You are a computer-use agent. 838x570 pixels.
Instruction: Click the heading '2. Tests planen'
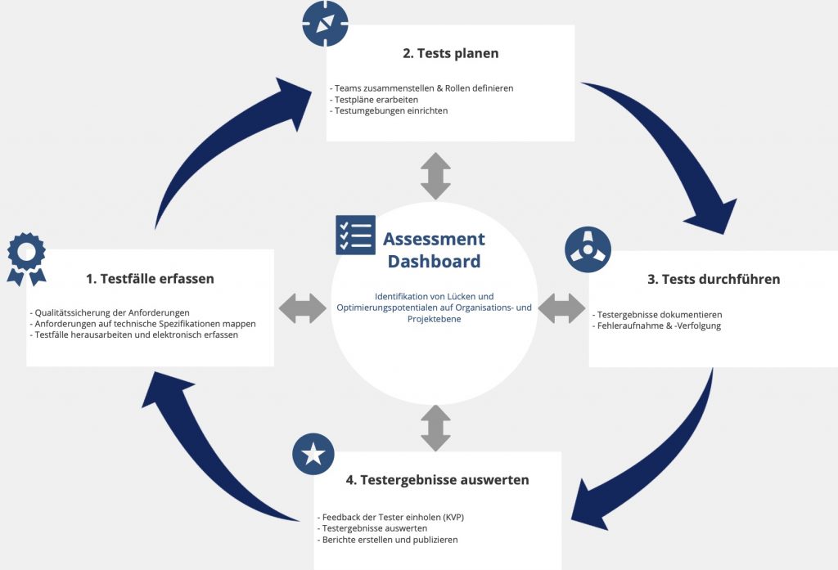tap(451, 53)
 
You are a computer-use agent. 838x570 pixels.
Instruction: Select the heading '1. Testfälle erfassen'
tap(150, 279)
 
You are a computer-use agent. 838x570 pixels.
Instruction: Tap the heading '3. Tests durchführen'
tap(714, 280)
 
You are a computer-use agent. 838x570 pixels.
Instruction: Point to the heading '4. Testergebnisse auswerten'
tap(437, 480)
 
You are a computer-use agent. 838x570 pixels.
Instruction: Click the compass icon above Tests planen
tap(325, 24)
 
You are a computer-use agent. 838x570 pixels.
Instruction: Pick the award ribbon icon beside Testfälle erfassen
tap(26, 259)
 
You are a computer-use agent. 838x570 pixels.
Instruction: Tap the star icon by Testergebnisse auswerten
tap(313, 454)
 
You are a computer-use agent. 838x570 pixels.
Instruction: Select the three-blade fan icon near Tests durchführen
tap(588, 249)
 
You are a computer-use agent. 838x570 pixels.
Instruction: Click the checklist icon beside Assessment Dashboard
tap(355, 235)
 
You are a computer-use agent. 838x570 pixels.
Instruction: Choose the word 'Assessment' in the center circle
tap(434, 239)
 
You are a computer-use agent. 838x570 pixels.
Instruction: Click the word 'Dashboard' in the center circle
tap(434, 261)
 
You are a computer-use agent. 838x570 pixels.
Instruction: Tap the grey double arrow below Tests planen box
tap(435, 177)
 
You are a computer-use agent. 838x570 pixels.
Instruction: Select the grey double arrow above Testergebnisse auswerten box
tap(435, 428)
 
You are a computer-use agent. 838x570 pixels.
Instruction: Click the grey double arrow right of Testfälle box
tap(303, 308)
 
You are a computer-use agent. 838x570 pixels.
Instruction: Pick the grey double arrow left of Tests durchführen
tap(561, 308)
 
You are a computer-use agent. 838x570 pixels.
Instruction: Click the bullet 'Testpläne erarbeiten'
tap(374, 100)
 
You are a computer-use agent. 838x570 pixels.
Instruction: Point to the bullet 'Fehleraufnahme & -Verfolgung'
tap(657, 325)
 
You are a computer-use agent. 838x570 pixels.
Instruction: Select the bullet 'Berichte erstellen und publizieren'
tap(387, 540)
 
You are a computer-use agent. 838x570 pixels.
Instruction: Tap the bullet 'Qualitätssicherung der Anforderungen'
tap(110, 313)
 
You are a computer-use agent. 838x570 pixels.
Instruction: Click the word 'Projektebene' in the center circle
tap(434, 319)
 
